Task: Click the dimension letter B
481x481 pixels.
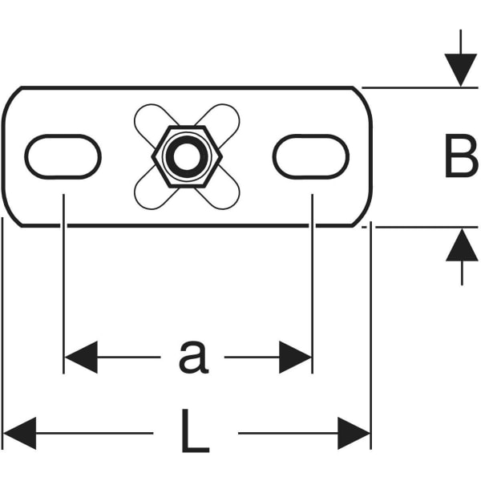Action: point(460,157)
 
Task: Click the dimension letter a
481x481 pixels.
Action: point(192,357)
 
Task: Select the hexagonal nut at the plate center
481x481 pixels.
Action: point(186,157)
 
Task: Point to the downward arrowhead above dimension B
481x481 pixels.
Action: point(461,70)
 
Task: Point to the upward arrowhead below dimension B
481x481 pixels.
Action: point(461,245)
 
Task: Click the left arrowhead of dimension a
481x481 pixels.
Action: point(79,357)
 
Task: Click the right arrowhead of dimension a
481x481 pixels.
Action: point(296,357)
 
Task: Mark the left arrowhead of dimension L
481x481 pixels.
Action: point(19,433)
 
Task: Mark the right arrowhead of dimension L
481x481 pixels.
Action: point(354,433)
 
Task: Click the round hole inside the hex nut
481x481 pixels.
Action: point(186,157)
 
